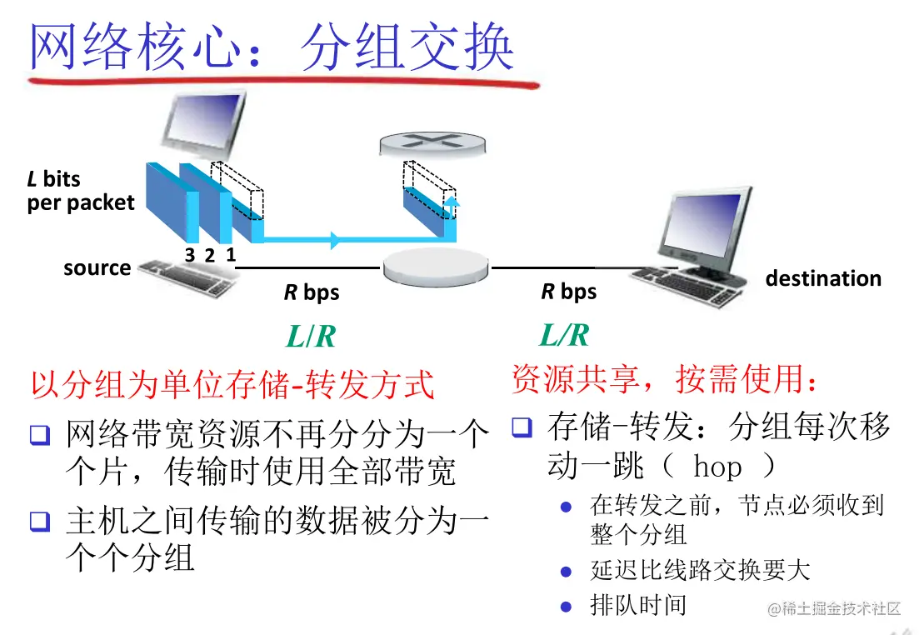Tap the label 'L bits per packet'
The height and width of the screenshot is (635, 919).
80,191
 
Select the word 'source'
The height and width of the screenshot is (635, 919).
97,268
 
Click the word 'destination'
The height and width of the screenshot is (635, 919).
823,278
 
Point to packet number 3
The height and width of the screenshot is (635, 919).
190,256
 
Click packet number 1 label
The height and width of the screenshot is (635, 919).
230,256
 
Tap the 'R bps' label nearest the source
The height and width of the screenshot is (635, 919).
312,293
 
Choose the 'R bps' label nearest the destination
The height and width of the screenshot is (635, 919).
569,292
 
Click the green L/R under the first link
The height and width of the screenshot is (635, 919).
311,337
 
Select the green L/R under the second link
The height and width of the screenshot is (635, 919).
564,335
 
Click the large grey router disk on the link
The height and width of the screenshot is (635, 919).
437,267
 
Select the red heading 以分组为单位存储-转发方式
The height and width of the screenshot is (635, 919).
232,385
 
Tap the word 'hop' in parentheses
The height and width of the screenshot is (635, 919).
717,466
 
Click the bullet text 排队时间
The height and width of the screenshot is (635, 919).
638,604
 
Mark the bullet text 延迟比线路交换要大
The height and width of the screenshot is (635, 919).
700,570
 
